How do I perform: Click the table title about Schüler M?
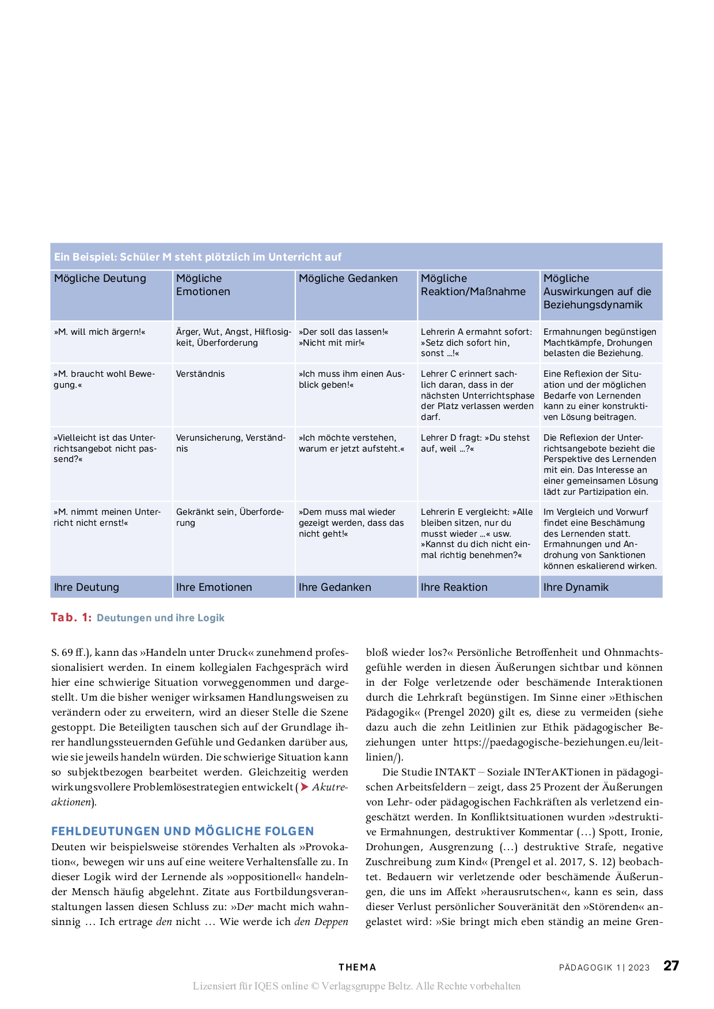pos(198,257)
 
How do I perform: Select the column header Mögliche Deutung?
pos(100,278)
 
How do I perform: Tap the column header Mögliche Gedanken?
pos(348,278)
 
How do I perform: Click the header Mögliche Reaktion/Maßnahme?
pos(473,285)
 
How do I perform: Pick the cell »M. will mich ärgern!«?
pos(100,332)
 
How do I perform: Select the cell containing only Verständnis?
pos(200,374)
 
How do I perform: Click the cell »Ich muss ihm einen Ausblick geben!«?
pos(352,379)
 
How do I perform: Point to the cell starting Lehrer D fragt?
pos(475,443)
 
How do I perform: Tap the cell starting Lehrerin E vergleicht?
pos(477,533)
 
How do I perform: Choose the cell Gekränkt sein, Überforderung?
pos(230,517)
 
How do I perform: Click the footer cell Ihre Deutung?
pos(86,587)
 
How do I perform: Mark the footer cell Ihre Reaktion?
pos(454,587)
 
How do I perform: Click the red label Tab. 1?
pos(71,617)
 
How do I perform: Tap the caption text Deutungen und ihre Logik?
pos(161,618)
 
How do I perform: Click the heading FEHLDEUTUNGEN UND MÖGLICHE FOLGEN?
pos(183,831)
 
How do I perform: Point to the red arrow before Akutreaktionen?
pos(305,787)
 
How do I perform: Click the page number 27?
pos(671,966)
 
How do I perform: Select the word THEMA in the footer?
pos(357,968)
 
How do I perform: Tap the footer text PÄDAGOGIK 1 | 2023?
pos(604,968)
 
